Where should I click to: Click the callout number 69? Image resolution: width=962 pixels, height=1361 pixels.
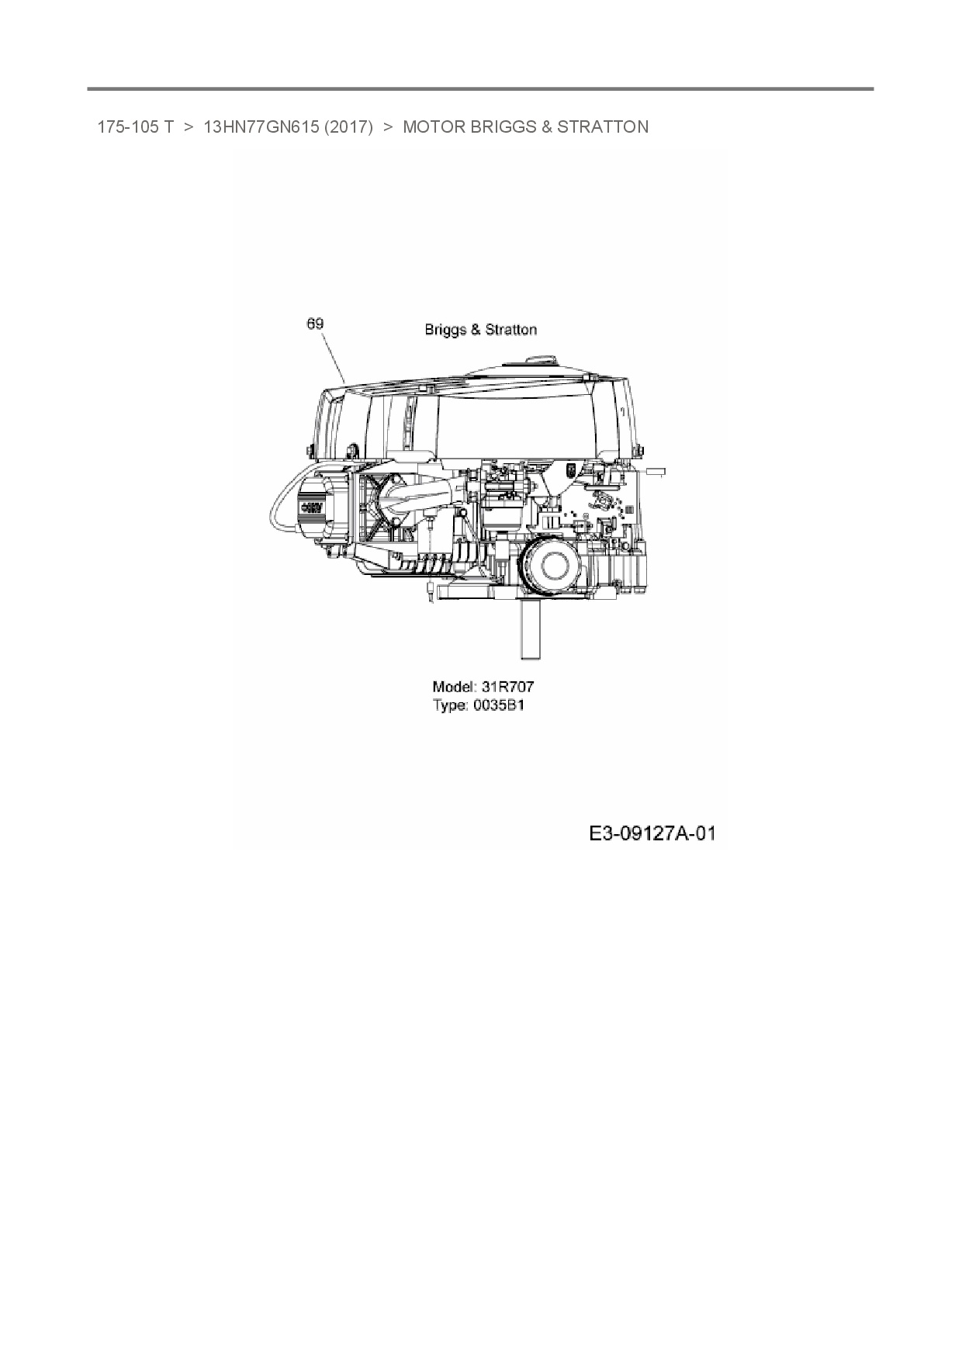[x=315, y=324]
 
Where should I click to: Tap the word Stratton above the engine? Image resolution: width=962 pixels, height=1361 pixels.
[x=510, y=330]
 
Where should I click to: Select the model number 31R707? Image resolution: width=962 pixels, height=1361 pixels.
[x=507, y=687]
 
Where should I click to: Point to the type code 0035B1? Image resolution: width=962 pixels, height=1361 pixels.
[x=499, y=706]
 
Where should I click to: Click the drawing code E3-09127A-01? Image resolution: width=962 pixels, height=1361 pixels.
[x=652, y=833]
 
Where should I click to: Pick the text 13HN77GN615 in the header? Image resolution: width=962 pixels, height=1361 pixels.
[x=261, y=127]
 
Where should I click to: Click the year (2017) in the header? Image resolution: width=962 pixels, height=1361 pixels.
[x=349, y=127]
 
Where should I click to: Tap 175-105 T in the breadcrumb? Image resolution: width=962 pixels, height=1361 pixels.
[x=135, y=127]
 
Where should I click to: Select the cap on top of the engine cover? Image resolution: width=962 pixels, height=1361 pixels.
[x=540, y=361]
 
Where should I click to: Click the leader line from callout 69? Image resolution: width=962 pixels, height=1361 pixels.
[x=333, y=357]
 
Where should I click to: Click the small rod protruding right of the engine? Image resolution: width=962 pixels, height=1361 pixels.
[x=654, y=470]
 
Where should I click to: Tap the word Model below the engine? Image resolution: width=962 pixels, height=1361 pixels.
[x=453, y=687]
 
